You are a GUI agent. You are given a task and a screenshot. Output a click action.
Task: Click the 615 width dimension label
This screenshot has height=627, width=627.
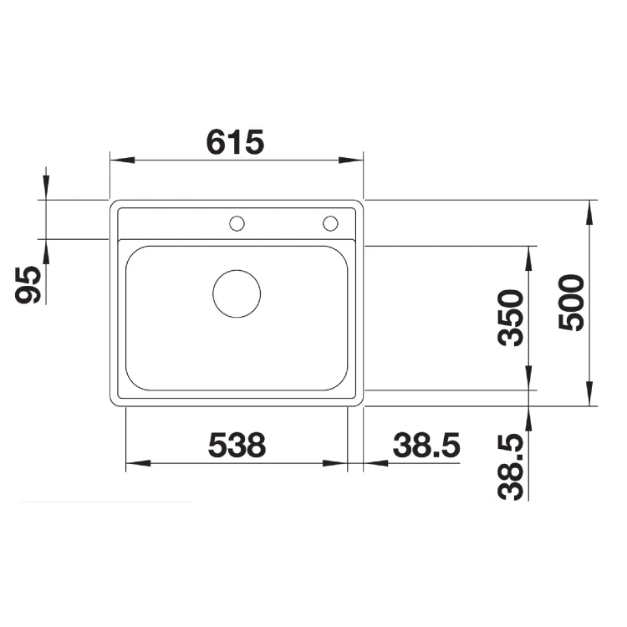click(235, 142)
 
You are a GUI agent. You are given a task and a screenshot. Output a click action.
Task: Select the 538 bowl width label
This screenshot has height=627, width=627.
click(237, 445)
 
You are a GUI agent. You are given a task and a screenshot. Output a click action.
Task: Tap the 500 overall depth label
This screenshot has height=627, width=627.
click(571, 303)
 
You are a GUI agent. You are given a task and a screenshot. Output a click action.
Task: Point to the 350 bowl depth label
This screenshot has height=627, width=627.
click(510, 318)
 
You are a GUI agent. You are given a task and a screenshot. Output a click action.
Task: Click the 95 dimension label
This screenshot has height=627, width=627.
click(28, 284)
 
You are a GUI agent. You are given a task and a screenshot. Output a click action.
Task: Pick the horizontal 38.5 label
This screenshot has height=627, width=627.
click(426, 445)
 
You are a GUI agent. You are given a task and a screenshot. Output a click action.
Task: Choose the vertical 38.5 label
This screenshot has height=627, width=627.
click(510, 467)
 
